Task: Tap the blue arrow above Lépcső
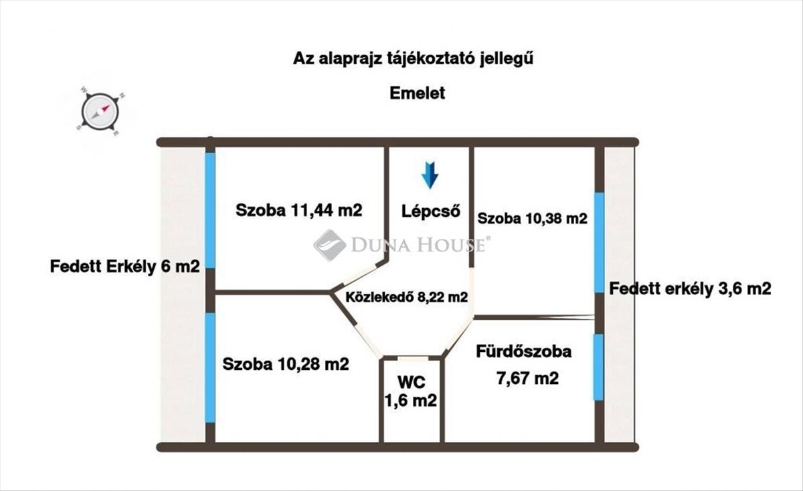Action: [x=430, y=175]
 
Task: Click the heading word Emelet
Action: [x=418, y=93]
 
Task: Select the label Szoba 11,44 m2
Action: [x=298, y=210]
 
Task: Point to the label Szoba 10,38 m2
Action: [x=532, y=218]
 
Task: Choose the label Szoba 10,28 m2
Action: [x=286, y=365]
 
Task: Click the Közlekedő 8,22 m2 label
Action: [x=406, y=298]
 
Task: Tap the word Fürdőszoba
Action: [x=524, y=351]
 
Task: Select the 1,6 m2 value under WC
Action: [x=410, y=401]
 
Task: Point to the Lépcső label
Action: [x=431, y=211]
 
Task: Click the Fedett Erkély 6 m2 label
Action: [x=125, y=266]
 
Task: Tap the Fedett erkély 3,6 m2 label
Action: [x=691, y=289]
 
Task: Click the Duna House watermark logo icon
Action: [x=329, y=245]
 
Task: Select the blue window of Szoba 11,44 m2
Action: [x=210, y=211]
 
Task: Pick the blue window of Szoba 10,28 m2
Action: [x=210, y=368]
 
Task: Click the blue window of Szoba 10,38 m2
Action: [x=599, y=242]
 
